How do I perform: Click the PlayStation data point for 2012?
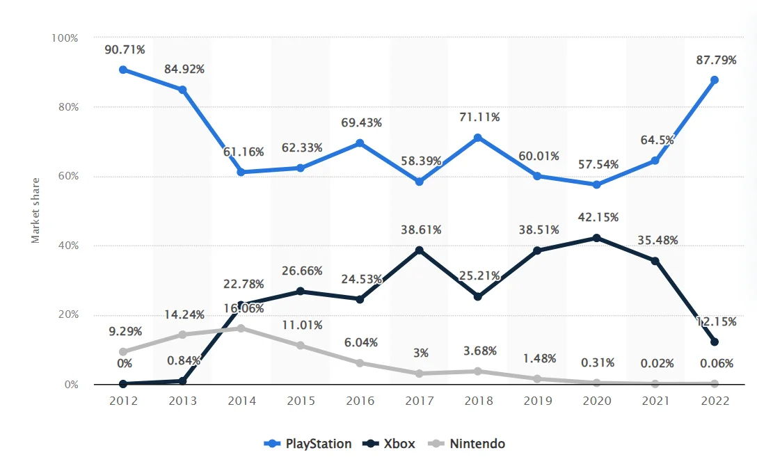123,70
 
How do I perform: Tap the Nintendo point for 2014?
241,328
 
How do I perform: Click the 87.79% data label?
716,61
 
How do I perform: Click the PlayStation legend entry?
308,444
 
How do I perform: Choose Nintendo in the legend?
468,444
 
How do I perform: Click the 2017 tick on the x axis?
419,401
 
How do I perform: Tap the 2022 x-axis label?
715,401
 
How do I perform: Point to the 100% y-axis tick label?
64,38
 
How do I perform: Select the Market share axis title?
35,210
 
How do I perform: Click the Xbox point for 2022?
715,342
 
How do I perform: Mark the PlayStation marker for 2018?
478,138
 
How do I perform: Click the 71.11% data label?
479,117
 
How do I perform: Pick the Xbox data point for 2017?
419,250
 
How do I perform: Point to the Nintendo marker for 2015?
301,346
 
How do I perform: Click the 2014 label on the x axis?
241,401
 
